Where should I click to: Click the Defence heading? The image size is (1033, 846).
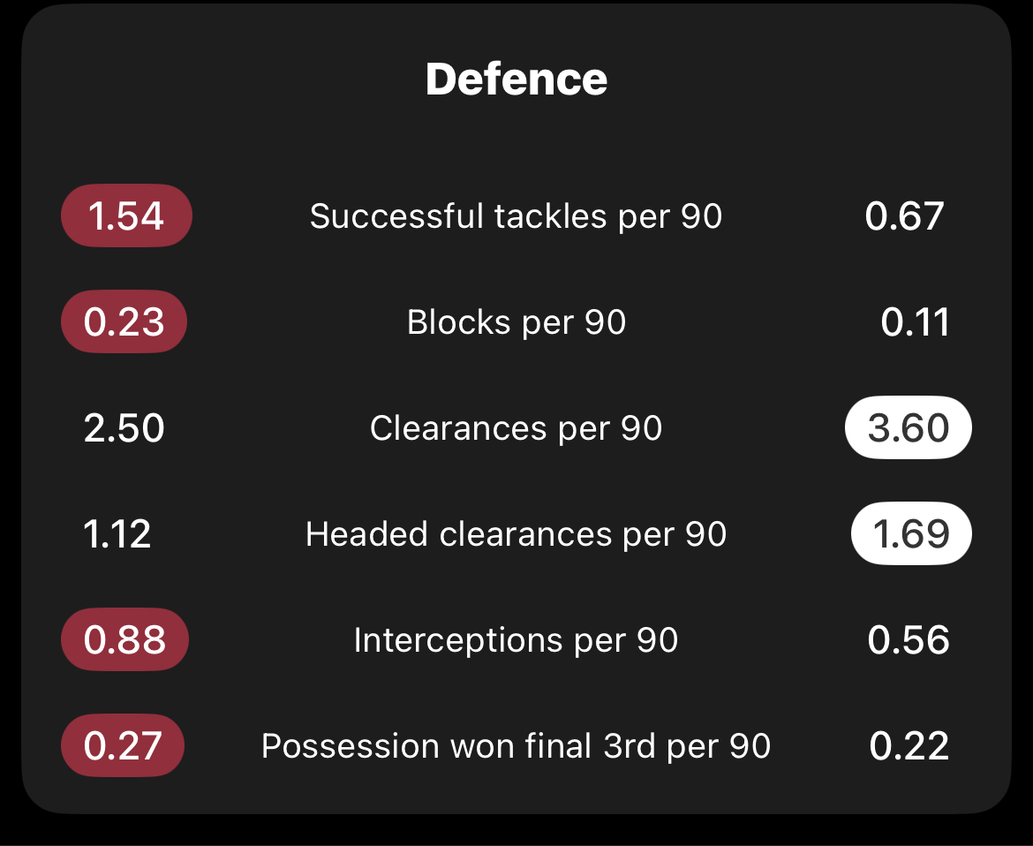point(516,79)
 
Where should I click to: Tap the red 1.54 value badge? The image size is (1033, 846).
point(126,216)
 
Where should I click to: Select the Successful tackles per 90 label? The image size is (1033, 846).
point(516,216)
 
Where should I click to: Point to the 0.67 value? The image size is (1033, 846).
point(905,216)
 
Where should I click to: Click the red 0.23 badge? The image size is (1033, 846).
point(124,322)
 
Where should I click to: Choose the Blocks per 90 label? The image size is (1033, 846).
point(516,322)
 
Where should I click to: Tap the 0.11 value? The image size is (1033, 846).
point(915,322)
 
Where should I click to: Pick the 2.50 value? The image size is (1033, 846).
point(124,428)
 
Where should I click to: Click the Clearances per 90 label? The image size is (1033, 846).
point(516,428)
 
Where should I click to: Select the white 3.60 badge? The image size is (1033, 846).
point(909,428)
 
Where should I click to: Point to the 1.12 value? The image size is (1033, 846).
point(117,534)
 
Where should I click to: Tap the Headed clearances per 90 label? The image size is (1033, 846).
point(516,534)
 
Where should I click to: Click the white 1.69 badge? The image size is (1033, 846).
point(911,534)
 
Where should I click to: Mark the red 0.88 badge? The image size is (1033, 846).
point(124,640)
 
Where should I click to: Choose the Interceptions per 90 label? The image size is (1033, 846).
point(516,640)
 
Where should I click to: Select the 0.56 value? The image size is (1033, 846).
point(909,640)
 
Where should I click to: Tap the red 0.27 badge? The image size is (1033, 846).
point(123,746)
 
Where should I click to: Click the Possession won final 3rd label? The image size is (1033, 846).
point(516,746)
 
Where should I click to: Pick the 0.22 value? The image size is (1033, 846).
point(909,746)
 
